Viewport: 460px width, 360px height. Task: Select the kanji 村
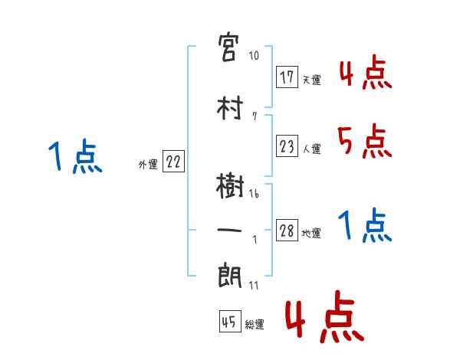tap(230, 109)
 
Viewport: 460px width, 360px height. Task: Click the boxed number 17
tap(287, 77)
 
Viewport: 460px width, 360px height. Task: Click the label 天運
tap(312, 80)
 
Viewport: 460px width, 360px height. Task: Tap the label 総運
tap(255, 325)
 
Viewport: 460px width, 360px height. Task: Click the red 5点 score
tap(363, 140)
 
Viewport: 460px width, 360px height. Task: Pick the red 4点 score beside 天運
tap(363, 74)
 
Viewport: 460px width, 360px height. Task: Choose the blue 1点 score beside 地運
tap(363, 225)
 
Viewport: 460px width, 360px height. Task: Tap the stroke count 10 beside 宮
tap(254, 55)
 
